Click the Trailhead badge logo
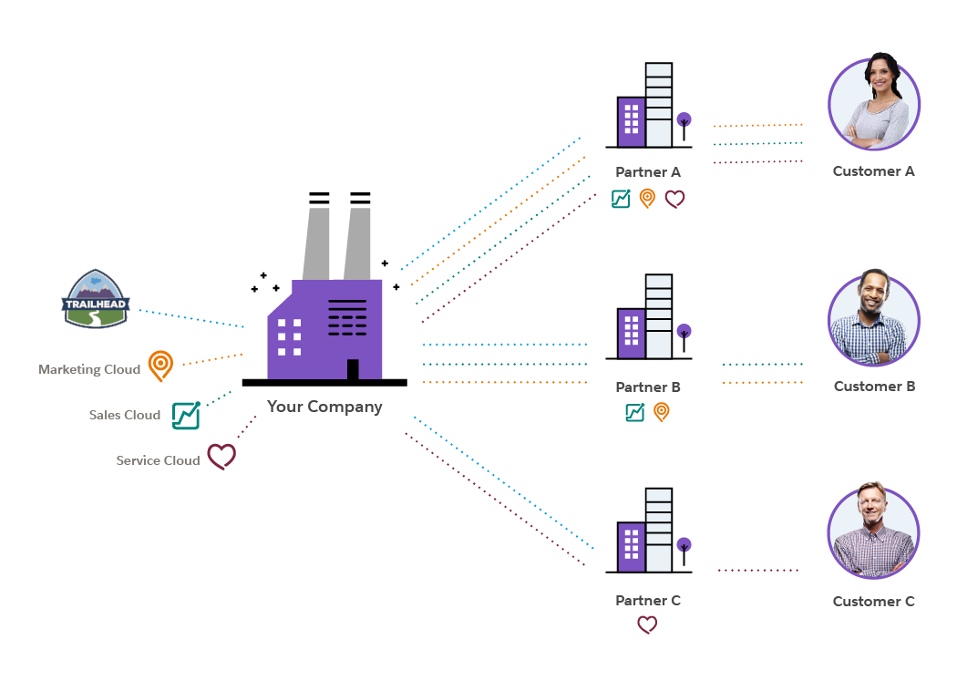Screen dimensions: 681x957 (x=97, y=299)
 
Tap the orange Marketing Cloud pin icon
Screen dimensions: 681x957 (x=160, y=366)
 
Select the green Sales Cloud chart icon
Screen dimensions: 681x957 (x=186, y=416)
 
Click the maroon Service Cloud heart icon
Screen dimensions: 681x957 (x=221, y=457)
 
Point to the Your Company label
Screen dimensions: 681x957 (x=324, y=407)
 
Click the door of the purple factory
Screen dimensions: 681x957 (x=353, y=368)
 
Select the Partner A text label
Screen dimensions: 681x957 (x=648, y=171)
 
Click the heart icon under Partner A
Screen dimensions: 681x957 (x=674, y=199)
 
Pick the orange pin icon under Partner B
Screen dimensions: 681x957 (x=662, y=412)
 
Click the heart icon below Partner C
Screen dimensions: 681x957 (x=647, y=624)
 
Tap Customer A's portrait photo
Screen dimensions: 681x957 (x=874, y=103)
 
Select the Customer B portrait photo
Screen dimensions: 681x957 (x=874, y=318)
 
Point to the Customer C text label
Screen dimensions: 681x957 (x=874, y=602)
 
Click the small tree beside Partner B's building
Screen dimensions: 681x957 (x=684, y=336)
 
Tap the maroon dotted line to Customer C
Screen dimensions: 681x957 (x=758, y=571)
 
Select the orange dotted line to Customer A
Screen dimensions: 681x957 (x=758, y=125)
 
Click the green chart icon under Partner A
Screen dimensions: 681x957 (x=622, y=199)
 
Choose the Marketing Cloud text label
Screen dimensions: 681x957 (x=89, y=369)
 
